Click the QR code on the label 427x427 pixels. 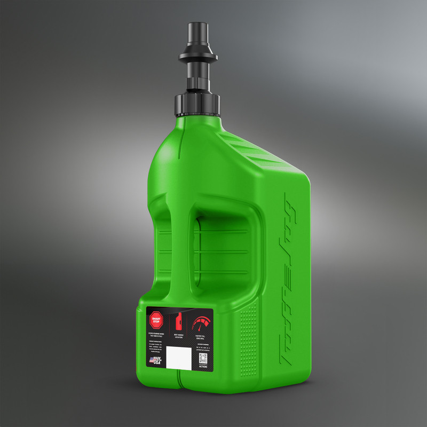(x=203, y=357)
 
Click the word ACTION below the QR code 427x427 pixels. (x=203, y=367)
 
